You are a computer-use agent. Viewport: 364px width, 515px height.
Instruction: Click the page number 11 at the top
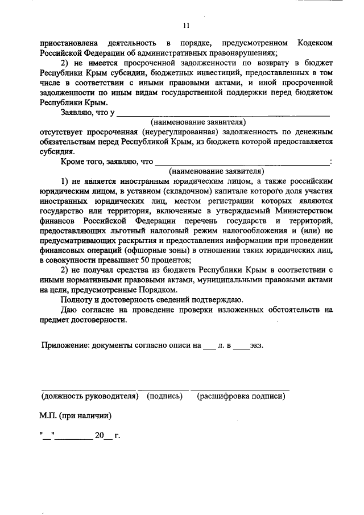click(x=186, y=25)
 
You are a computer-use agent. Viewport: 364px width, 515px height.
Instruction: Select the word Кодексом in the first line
click(x=314, y=43)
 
